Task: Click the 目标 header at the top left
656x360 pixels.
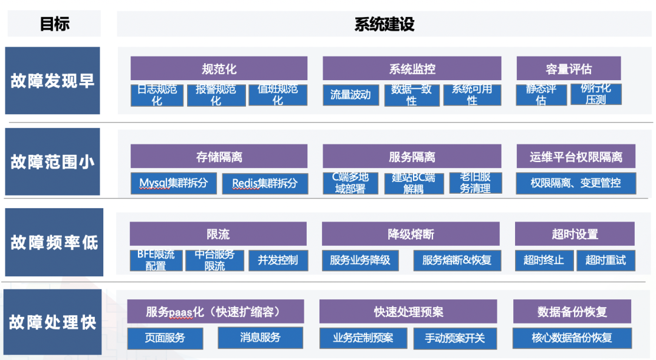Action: (55, 24)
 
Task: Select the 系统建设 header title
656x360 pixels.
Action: (384, 24)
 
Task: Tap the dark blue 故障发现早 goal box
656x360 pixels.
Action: (52, 81)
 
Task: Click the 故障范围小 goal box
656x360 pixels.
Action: (52, 161)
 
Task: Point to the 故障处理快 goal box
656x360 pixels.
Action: (52, 322)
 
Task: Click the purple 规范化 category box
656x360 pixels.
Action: (219, 69)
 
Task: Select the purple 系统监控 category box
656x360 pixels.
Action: (412, 69)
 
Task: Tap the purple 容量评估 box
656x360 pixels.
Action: (569, 69)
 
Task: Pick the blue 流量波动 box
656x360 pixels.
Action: (350, 95)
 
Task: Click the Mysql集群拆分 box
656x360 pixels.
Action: (174, 183)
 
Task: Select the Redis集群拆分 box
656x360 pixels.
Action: (265, 183)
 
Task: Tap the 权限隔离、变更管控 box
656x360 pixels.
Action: (576, 183)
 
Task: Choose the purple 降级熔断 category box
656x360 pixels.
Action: (411, 234)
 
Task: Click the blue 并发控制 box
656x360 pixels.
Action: (278, 260)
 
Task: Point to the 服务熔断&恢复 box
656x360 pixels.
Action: (457, 260)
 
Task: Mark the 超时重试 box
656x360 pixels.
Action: (606, 260)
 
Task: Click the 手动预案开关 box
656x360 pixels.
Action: (455, 338)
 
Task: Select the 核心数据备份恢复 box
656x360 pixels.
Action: (572, 338)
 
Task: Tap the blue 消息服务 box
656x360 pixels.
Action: (260, 338)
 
